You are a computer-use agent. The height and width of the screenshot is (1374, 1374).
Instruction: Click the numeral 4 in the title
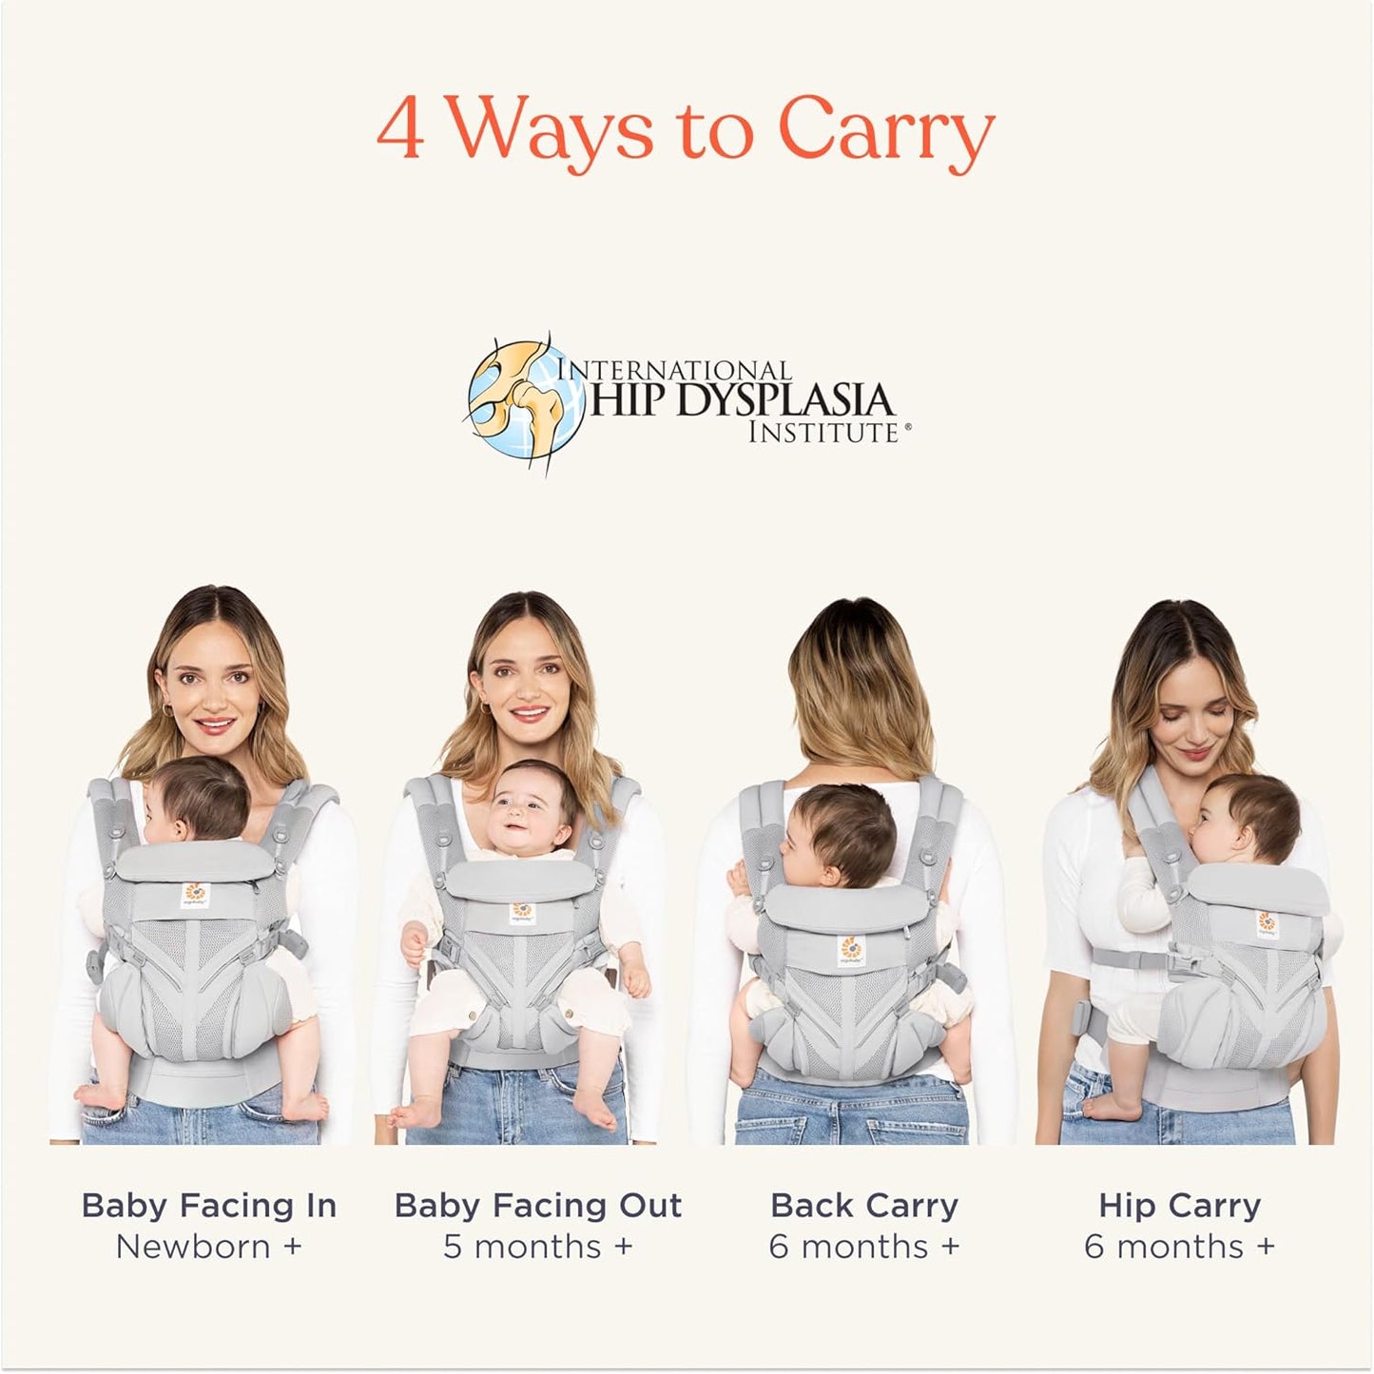(400, 131)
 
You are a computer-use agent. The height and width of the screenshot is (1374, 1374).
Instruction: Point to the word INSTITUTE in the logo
(823, 433)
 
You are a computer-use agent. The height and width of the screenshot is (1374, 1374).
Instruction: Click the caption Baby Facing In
(209, 1205)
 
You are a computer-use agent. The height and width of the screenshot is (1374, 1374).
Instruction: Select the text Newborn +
(209, 1246)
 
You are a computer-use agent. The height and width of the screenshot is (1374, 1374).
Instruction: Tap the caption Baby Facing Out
(538, 1205)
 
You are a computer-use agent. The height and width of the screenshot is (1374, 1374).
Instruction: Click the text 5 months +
(538, 1246)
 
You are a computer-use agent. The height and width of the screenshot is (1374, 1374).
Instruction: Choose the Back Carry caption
(864, 1205)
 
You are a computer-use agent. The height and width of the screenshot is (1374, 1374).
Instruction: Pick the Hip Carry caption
(1180, 1205)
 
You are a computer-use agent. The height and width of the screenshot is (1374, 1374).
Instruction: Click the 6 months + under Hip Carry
(1180, 1246)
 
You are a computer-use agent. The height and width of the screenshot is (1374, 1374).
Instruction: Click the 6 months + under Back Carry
(864, 1246)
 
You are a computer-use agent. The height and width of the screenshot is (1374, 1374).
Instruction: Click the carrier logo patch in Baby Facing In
(195, 895)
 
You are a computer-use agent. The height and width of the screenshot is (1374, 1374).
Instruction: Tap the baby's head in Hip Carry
(1247, 818)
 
